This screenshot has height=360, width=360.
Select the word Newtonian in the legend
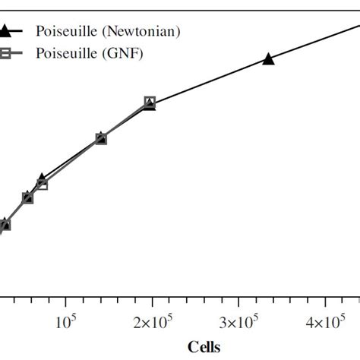tap(135, 31)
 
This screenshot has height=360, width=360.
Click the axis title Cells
tap(203, 346)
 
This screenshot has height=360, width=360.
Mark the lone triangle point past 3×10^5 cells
tap(268, 59)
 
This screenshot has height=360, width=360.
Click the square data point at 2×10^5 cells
tap(150, 102)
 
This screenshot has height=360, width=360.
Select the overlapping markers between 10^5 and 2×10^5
tap(101, 138)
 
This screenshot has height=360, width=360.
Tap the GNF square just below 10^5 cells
tap(42, 184)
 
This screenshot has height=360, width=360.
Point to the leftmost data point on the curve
tap(5, 225)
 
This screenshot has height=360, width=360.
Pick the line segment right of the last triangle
tap(315, 41)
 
